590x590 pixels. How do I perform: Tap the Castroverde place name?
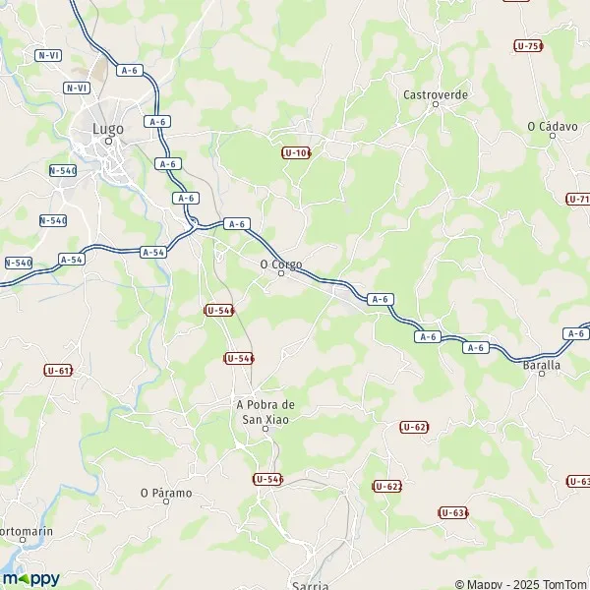[436, 94]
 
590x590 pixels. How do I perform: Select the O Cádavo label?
[550, 126]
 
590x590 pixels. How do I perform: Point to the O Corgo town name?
[280, 264]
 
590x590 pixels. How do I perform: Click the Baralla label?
[542, 365]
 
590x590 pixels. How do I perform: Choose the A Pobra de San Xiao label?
[265, 412]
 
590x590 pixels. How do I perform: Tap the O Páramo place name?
[165, 493]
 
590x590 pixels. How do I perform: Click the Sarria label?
[310, 585]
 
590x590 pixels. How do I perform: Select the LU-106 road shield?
[296, 152]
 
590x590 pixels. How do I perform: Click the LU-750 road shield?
[528, 46]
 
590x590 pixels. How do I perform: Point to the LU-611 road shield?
[58, 370]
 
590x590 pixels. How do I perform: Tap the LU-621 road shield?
[414, 427]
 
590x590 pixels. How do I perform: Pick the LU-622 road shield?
[387, 487]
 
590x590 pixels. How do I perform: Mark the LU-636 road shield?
[452, 512]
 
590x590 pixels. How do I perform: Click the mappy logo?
[31, 578]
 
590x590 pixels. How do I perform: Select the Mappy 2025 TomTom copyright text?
[521, 583]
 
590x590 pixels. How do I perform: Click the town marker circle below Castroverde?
[436, 104]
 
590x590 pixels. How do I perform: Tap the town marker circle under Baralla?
[542, 375]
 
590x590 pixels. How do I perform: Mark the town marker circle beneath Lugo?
[109, 140]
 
